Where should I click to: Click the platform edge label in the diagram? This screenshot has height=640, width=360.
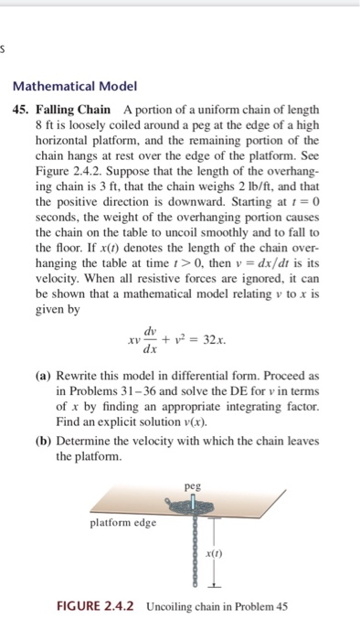click(124, 523)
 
